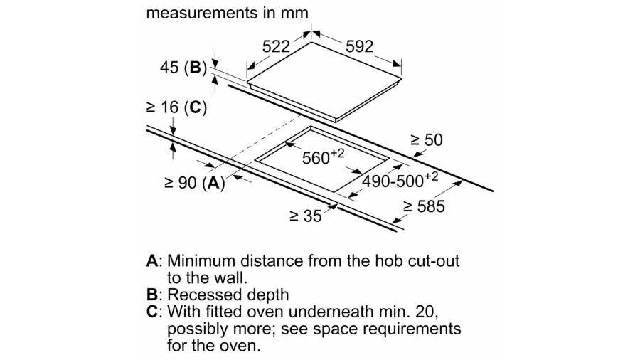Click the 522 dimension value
pos(276,46)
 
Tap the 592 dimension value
pos(359,46)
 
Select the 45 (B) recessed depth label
pos(183,68)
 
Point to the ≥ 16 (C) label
pos(176,107)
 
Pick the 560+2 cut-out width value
pos(323,157)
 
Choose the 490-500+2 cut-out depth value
pos(400,181)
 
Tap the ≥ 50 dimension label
pos(426,140)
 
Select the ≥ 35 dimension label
pos(305,216)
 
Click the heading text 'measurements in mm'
pos(227,13)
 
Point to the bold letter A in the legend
pos(151,261)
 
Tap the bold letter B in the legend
pos(151,295)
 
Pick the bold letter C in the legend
pos(151,312)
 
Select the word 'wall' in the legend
pos(231,277)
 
